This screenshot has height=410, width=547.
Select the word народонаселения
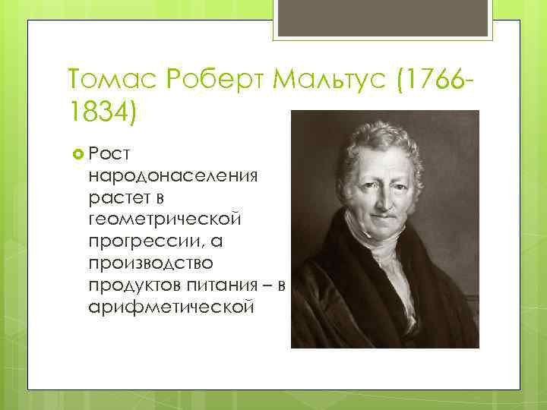tap(173, 176)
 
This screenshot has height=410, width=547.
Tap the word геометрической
tap(165, 219)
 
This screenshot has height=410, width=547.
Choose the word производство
tap(152, 263)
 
